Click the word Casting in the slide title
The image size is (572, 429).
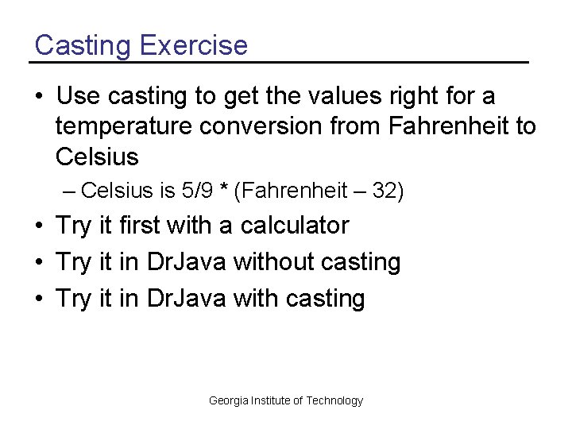[83, 44]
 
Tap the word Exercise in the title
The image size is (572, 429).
[194, 44]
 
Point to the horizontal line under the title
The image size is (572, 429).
[278, 62]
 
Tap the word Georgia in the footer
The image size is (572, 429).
[227, 400]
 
